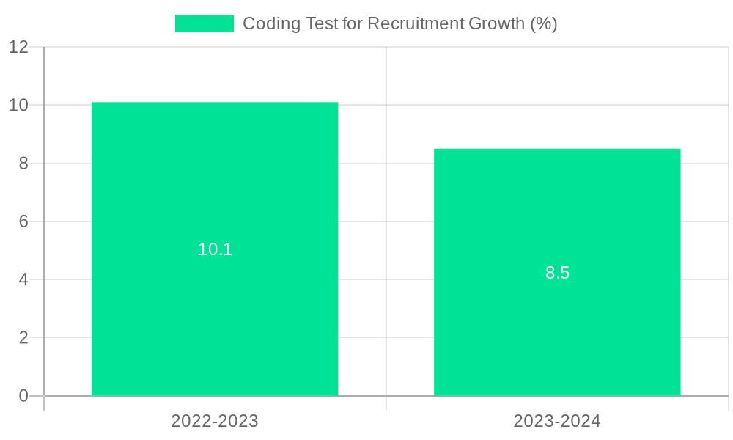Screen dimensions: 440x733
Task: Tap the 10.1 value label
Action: pos(215,249)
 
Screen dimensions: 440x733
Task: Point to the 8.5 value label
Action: pos(557,274)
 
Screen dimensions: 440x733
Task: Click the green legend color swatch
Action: pos(204,23)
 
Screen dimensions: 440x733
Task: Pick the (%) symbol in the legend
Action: pos(543,23)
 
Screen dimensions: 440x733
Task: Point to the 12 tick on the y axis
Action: pos(18,47)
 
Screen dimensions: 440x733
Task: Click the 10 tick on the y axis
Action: pos(18,105)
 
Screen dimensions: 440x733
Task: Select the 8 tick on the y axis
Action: pos(23,164)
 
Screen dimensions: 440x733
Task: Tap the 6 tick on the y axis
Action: pos(23,221)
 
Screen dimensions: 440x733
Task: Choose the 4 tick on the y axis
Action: pos(23,279)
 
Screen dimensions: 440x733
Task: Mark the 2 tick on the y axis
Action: pos(23,338)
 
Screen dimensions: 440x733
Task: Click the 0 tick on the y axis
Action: pos(23,396)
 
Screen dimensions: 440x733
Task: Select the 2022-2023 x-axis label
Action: pos(215,421)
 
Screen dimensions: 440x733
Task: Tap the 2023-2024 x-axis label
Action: pos(557,421)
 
